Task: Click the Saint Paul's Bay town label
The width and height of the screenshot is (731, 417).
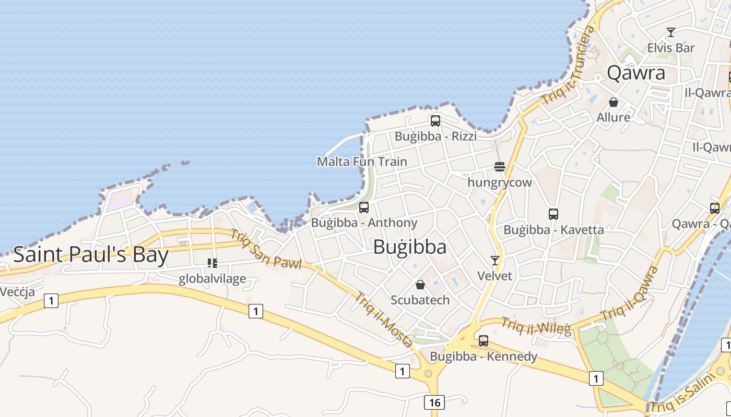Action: click(91, 255)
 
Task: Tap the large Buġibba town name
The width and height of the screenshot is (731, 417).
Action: click(410, 247)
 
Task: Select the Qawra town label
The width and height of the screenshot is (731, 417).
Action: click(636, 73)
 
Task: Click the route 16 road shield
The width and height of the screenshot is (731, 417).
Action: click(434, 402)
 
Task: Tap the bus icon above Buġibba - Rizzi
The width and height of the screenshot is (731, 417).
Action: click(435, 121)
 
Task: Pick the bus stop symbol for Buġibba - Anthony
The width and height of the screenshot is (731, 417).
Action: click(364, 207)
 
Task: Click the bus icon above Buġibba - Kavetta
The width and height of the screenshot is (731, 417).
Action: click(553, 214)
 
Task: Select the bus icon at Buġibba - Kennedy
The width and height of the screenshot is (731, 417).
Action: click(484, 341)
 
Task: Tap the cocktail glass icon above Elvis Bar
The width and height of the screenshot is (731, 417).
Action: click(671, 32)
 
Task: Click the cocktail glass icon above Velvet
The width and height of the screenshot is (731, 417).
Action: click(495, 260)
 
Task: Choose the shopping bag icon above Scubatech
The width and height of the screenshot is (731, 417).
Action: click(420, 285)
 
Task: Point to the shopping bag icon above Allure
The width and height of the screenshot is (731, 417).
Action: click(614, 102)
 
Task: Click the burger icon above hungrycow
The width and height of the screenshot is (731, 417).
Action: click(500, 167)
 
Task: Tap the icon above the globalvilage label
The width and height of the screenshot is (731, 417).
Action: click(212, 263)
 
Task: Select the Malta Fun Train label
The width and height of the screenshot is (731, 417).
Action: click(362, 162)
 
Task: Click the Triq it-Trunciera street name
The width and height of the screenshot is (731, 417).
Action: click(569, 65)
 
